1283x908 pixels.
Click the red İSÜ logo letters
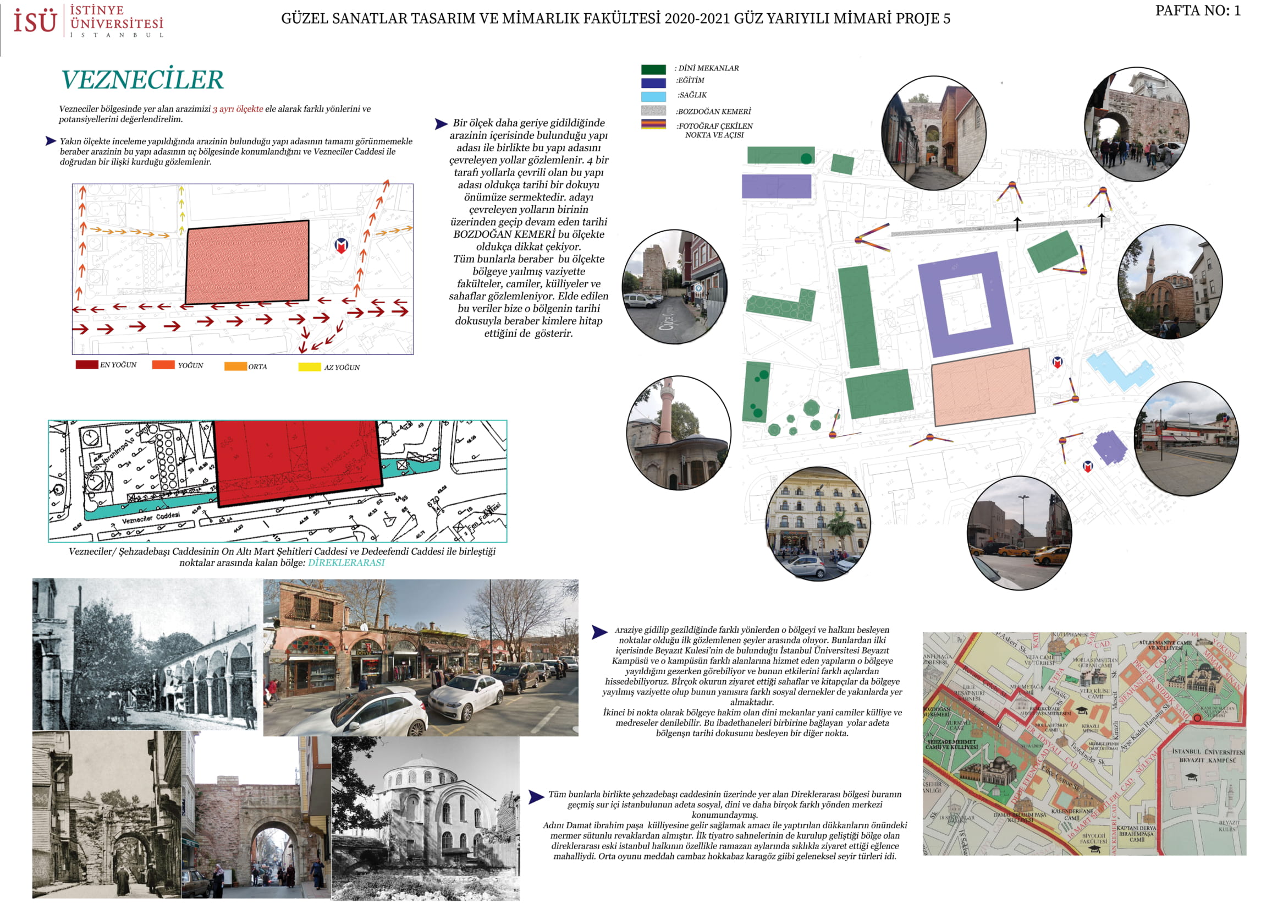click(35, 21)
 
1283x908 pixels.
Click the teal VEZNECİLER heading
click(142, 79)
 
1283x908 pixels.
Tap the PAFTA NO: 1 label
click(1197, 10)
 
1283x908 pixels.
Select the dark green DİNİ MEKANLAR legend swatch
click(653, 69)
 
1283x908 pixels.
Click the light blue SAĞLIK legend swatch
click(653, 96)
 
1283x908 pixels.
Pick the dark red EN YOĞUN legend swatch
click(87, 364)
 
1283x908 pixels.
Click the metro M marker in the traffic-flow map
click(341, 245)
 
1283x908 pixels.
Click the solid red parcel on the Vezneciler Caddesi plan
click(296, 458)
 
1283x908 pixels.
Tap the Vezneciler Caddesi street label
click(151, 519)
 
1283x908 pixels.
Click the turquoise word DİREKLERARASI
click(346, 562)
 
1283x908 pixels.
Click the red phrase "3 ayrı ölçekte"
click(238, 109)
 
